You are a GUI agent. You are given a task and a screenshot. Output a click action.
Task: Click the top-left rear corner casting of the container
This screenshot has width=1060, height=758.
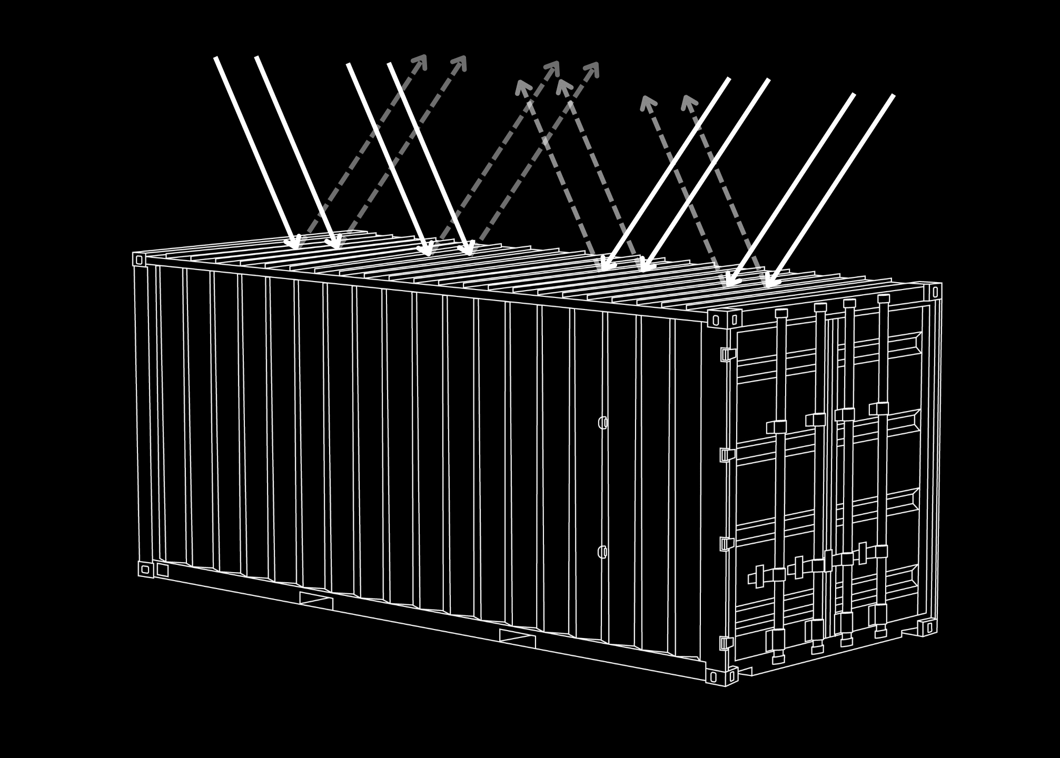click(x=139, y=260)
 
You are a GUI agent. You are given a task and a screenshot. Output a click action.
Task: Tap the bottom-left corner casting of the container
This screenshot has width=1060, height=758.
click(x=146, y=569)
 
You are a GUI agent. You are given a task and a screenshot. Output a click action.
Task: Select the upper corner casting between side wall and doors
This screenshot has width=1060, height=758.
click(x=724, y=319)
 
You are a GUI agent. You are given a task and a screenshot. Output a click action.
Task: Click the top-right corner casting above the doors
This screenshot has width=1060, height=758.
click(x=934, y=291)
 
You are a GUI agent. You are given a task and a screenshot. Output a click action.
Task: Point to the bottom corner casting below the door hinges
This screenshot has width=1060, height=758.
click(x=721, y=676)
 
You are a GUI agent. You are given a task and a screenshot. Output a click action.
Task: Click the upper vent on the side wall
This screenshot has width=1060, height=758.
click(x=603, y=423)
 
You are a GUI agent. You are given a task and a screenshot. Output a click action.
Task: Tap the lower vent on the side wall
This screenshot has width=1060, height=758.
click(x=603, y=552)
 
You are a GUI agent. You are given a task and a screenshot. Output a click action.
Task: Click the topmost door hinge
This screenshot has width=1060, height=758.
click(x=727, y=354)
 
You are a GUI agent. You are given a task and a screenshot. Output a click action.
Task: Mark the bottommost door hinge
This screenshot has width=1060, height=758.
click(x=726, y=643)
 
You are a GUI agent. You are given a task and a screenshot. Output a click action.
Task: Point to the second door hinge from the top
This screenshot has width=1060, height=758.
click(x=727, y=455)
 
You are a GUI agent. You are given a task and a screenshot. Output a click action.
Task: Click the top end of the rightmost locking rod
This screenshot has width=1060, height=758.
click(x=884, y=299)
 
